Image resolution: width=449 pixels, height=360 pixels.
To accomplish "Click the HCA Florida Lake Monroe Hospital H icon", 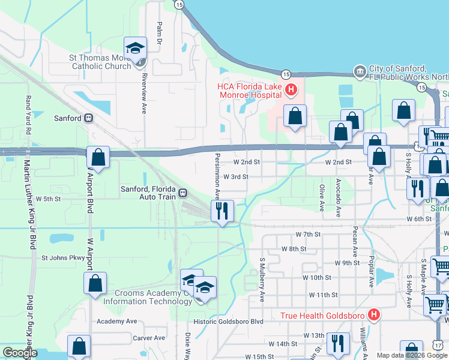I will tap(291, 90).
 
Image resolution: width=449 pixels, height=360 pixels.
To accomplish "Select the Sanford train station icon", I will tap(88, 118).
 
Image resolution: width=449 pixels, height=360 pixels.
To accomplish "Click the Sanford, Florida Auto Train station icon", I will tap(182, 193).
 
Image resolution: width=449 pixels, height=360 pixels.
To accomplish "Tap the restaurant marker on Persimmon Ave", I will tap(222, 211).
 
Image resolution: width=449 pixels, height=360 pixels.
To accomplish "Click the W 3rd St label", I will tap(235, 177).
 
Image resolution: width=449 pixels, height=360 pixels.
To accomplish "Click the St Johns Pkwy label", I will tap(64, 258).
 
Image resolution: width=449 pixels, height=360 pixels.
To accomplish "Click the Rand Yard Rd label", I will tap(28, 112).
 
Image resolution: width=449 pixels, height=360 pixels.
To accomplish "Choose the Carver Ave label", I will tap(148, 338).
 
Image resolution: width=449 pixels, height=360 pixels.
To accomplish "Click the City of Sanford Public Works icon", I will tap(360, 71).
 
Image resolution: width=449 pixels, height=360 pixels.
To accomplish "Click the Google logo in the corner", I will tap(20, 353).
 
